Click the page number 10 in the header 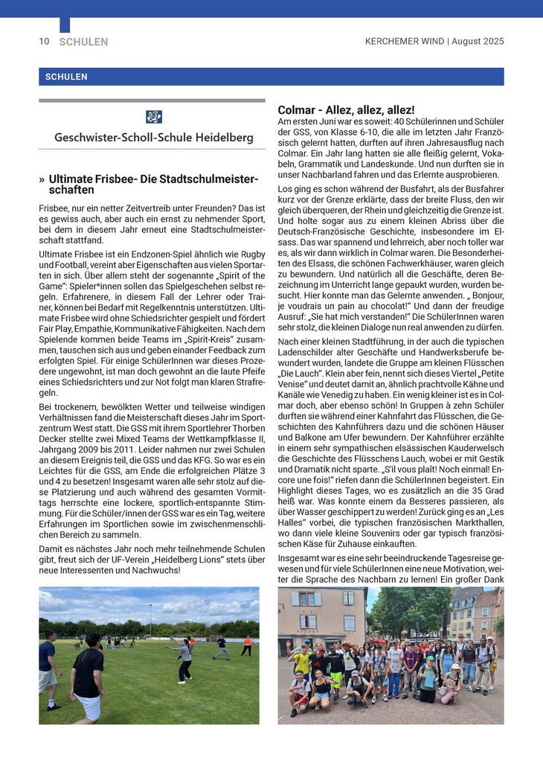tap(44, 42)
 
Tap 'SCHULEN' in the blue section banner tap(66, 77)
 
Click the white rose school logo tap(154, 117)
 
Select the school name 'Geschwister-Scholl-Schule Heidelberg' tap(153, 138)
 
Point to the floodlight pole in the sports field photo tap(150, 618)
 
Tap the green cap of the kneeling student tap(429, 659)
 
